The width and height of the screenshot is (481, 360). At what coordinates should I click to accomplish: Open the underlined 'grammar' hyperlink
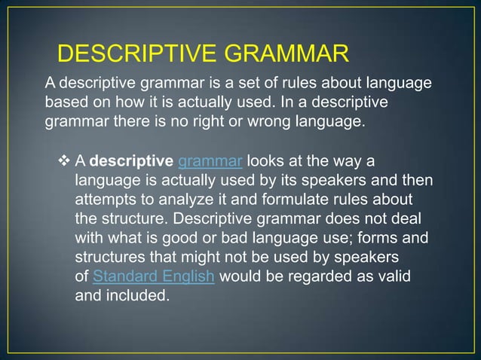pos(210,162)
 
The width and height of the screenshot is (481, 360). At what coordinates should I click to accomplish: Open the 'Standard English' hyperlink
pos(154,276)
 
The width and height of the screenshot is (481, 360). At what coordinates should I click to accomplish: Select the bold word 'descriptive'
pos(131,162)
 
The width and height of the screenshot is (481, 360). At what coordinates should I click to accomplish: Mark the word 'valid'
pos(394,276)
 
